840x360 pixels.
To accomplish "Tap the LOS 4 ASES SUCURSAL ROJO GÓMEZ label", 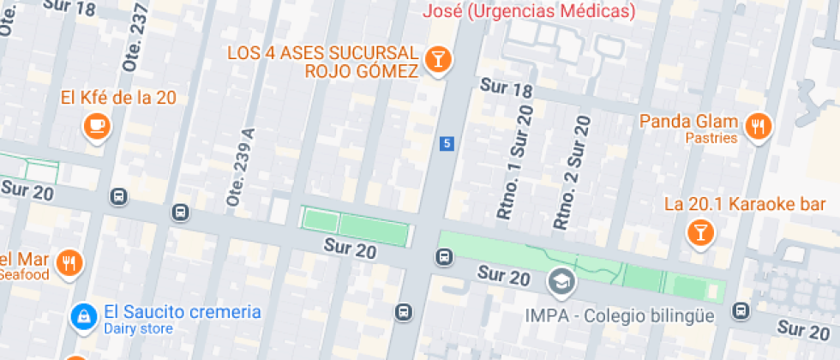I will [x=322, y=62].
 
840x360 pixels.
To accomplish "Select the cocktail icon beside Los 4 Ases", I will [x=439, y=60].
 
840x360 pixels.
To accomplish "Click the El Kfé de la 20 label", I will [x=118, y=98].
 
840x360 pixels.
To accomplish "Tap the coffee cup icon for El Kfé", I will [x=97, y=126].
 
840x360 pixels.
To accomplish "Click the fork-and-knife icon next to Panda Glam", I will [x=758, y=127].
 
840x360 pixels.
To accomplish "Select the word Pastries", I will [x=711, y=138].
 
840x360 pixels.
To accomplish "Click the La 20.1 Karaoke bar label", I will [x=745, y=204].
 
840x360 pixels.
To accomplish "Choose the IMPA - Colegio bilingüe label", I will [x=620, y=315].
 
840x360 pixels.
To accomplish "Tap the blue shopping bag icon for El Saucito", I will [x=82, y=316].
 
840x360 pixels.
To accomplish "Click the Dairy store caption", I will [x=138, y=328].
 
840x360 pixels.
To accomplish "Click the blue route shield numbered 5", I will [x=446, y=143].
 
